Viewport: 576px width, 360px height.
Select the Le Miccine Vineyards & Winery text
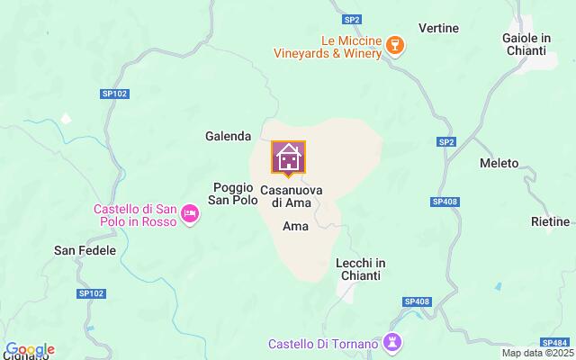[x=328, y=47]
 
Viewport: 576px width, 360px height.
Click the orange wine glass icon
[x=394, y=45]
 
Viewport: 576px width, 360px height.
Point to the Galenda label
[x=228, y=136]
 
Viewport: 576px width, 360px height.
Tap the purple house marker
[x=289, y=157]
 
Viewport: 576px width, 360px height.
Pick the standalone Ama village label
[x=295, y=227]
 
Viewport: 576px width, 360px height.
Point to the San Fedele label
[x=85, y=250]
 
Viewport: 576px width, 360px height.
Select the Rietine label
[x=550, y=221]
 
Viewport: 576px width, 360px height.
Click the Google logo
[x=29, y=349]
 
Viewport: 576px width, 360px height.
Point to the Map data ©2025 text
[x=536, y=353]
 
